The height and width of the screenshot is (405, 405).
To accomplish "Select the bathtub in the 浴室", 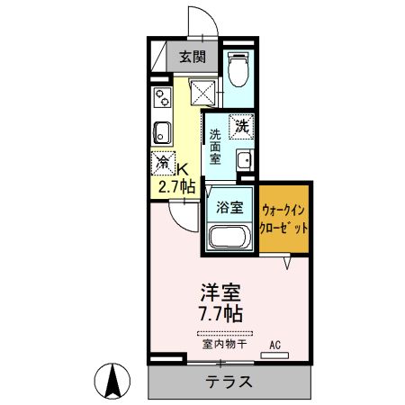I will pyautogui.click(x=229, y=238).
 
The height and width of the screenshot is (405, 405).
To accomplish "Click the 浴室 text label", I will pyautogui.click(x=229, y=206).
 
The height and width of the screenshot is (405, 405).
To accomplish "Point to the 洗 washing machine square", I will pyautogui.click(x=241, y=127).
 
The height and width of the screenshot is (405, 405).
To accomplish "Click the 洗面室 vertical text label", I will pyautogui.click(x=215, y=146).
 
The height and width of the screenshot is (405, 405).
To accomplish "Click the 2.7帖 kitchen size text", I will pyautogui.click(x=176, y=187).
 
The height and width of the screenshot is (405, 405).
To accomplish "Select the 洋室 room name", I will pyautogui.click(x=220, y=292).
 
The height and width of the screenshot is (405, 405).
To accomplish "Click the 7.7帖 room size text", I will pyautogui.click(x=220, y=314).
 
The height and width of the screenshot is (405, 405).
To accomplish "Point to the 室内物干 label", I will pyautogui.click(x=220, y=344).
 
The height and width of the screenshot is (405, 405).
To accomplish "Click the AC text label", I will pyautogui.click(x=274, y=344).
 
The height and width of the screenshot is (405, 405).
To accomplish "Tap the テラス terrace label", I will pyautogui.click(x=226, y=382).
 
